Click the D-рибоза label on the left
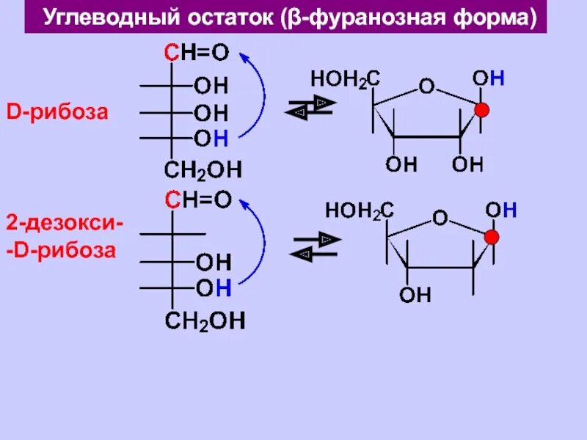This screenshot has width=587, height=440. click(58, 113)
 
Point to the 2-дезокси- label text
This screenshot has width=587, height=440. click(65, 221)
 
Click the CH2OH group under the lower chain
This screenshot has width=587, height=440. click(205, 320)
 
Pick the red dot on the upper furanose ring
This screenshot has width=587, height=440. click(481, 111)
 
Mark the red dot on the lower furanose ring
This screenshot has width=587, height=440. click(492, 237)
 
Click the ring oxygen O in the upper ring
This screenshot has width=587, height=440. click(426, 87)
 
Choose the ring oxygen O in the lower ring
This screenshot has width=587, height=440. click(440, 217)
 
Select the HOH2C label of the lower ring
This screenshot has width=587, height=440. click(360, 211)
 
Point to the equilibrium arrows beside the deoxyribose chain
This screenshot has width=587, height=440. click(315, 246)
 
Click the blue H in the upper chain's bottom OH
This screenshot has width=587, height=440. click(222, 137)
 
